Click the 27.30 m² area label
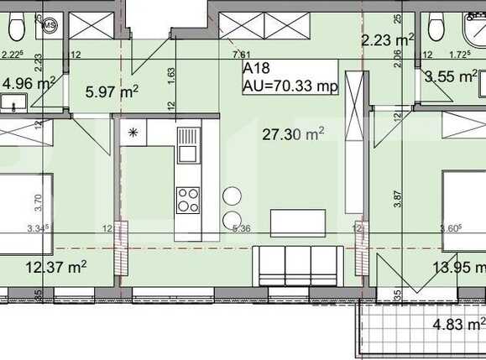click(x=293, y=133)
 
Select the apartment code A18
click(x=256, y=70)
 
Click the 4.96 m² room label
click(x=29, y=83)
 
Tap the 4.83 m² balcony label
click(x=458, y=324)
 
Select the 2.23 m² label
click(x=388, y=39)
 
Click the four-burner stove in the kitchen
click(x=188, y=200)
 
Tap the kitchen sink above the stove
click(x=188, y=145)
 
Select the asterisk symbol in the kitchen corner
click(x=132, y=133)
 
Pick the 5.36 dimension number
click(x=242, y=227)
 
